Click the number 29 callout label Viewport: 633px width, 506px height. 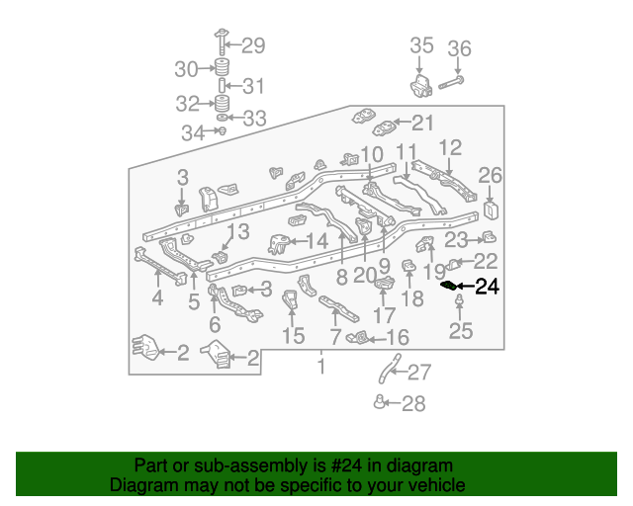point(253,44)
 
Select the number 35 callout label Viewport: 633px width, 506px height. point(421,45)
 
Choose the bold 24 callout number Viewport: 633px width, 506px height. point(488,288)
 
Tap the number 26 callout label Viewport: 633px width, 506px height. point(491,176)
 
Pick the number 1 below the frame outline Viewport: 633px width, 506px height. point(319,368)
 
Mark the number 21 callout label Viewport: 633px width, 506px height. point(422,124)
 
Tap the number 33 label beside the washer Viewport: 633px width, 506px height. point(254,119)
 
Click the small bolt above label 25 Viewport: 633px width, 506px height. point(459,301)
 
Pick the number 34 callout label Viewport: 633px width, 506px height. point(193,132)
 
